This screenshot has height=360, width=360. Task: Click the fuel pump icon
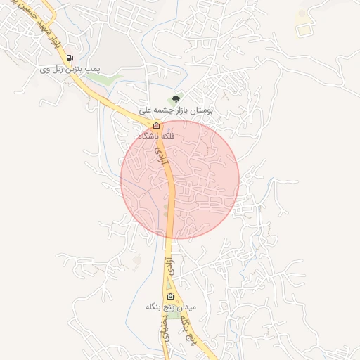coord(70,58)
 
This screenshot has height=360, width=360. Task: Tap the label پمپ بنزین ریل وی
coord(70,70)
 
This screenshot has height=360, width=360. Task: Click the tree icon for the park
coord(176,99)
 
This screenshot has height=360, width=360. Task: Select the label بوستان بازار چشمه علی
coord(176,110)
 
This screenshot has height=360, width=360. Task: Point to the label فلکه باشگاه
coord(156,135)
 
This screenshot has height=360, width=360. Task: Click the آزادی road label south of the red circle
coord(169,266)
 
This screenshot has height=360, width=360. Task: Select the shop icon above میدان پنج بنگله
coord(169,296)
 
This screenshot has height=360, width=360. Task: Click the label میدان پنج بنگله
coord(171,307)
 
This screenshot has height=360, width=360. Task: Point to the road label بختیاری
coord(166,327)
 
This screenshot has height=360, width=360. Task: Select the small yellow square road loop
coord(303,30)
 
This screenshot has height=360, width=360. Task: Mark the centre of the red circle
coord(180,179)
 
